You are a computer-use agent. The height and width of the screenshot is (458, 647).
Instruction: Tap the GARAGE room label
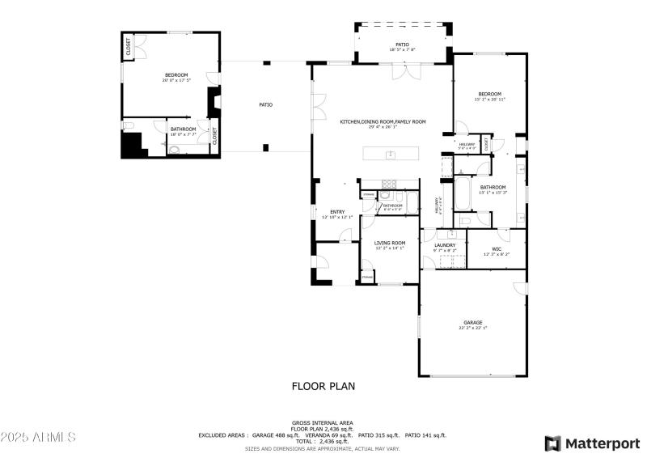(x=472, y=323)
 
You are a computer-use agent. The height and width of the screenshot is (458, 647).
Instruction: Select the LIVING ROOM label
(x=389, y=243)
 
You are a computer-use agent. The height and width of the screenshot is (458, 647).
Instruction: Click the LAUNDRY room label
(x=444, y=245)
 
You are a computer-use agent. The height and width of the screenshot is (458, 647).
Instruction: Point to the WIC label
(x=497, y=249)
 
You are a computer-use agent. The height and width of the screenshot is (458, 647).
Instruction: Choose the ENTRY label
(x=336, y=213)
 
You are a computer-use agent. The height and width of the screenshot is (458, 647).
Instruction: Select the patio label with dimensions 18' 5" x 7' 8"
(x=402, y=45)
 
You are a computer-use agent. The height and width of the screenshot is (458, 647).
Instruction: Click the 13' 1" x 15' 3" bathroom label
(x=493, y=188)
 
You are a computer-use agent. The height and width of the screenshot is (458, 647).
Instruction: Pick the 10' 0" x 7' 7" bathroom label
(x=183, y=129)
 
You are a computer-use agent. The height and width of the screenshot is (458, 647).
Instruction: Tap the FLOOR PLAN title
(x=323, y=386)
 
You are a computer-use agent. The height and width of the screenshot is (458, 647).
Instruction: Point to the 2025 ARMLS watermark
(x=38, y=437)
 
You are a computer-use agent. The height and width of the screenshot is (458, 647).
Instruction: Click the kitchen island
(x=391, y=154)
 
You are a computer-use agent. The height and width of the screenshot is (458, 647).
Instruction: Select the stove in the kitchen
(x=388, y=182)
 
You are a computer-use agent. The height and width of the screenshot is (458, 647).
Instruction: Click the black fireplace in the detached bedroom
(x=214, y=102)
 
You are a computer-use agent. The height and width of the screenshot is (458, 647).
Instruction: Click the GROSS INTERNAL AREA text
(x=322, y=422)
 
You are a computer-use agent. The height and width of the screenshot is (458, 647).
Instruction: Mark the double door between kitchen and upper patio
(x=406, y=70)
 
